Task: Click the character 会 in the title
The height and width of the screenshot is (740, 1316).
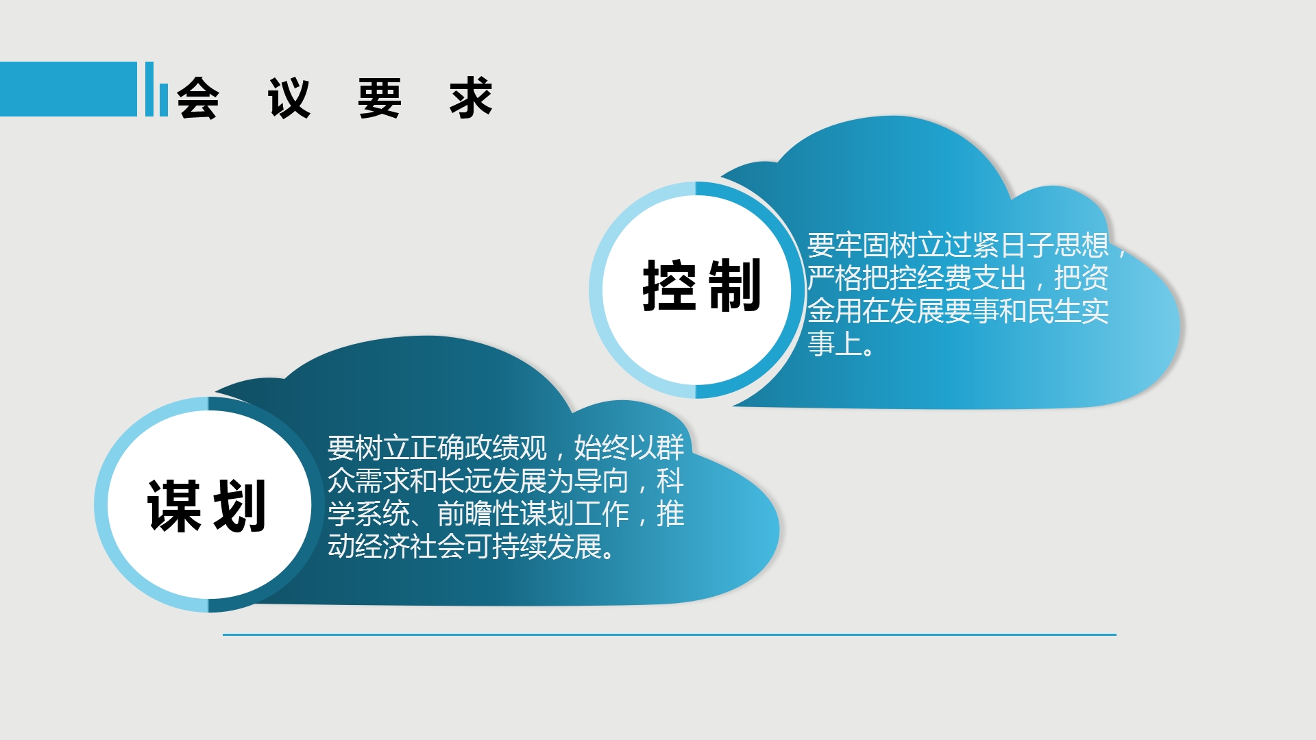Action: coord(198,98)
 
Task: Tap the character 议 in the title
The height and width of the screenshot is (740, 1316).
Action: coord(289,98)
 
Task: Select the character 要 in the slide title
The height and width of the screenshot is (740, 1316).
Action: coord(380,98)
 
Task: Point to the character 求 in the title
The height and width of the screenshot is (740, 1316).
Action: coord(471,98)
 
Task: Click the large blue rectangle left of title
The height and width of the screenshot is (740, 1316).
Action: coord(69,89)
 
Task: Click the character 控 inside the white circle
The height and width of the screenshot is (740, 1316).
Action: coord(670,286)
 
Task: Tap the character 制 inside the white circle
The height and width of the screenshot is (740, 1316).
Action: coord(734,286)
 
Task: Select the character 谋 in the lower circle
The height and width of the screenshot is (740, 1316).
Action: coord(174,506)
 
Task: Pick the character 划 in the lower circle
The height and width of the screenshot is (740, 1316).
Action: coord(239,506)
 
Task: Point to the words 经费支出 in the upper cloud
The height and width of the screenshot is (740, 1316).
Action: coord(971,278)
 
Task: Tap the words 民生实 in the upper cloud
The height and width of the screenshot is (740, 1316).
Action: coord(1068,311)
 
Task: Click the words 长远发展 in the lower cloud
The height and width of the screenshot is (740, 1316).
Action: coord(492,481)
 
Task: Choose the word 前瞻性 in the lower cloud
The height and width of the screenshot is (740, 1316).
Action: coord(478,514)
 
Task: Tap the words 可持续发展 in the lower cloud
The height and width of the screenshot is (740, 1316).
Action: coord(533,547)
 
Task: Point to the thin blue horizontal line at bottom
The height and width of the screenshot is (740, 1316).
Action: coord(670,635)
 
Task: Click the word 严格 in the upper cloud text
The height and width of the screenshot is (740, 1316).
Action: coord(835,278)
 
